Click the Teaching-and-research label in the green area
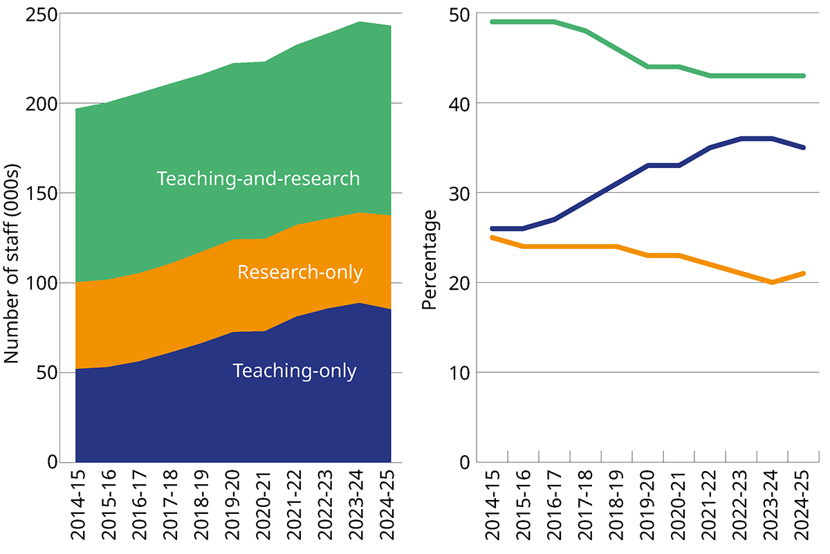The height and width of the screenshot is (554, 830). pos(258,178)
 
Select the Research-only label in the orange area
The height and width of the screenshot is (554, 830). pos(299,273)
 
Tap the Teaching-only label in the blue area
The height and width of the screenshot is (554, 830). pos(295,371)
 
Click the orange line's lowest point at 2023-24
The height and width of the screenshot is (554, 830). pos(771,282)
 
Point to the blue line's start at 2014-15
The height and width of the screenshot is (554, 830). pos(492,228)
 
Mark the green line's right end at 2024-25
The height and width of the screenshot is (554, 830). pos(802,75)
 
